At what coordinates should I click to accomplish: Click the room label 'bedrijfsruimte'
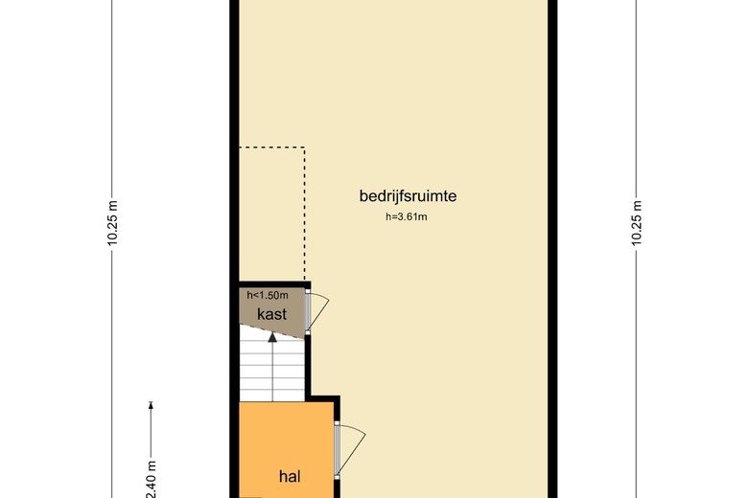click(407, 196)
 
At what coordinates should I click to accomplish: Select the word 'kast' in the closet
click(271, 313)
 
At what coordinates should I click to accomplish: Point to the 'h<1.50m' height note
click(268, 295)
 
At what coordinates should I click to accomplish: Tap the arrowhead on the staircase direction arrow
click(272, 337)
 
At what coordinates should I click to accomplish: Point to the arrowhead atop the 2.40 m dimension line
click(151, 405)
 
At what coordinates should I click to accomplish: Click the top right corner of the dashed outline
click(304, 147)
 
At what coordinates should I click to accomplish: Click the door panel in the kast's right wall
click(308, 312)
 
